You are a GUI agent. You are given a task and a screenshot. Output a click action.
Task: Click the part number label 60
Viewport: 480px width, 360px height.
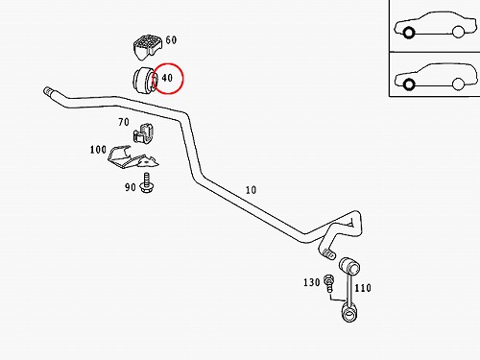[x=171, y=40]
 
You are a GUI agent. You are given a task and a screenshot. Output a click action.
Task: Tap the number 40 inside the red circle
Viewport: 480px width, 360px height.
[x=167, y=78]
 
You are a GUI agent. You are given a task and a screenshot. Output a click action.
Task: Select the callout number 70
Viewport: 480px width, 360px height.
[x=124, y=122]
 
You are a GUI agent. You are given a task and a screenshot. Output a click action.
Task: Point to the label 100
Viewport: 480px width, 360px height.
[x=98, y=150]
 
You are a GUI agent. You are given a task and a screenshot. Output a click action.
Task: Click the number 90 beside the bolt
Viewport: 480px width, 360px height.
[x=131, y=187]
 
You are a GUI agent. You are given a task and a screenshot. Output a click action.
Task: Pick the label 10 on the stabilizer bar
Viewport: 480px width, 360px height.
[x=251, y=190]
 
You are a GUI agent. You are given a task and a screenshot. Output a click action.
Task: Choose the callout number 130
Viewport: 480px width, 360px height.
[x=312, y=282]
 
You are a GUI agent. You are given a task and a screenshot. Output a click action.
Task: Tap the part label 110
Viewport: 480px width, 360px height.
[x=363, y=288]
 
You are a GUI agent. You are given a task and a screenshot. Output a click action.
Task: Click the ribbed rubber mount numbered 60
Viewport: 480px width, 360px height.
[x=147, y=47]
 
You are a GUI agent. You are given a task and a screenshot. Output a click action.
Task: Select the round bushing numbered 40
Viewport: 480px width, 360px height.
[x=144, y=80]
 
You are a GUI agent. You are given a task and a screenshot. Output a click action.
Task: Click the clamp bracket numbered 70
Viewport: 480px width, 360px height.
[x=143, y=133]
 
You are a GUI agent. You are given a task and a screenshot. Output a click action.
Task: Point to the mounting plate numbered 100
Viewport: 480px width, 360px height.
[x=132, y=157]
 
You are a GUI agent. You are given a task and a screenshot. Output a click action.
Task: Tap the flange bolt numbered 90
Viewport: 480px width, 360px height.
[x=147, y=183]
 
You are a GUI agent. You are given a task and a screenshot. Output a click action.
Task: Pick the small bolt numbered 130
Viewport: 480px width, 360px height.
[x=329, y=283]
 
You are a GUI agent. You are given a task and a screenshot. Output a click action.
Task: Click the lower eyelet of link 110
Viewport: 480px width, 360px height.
[x=349, y=314]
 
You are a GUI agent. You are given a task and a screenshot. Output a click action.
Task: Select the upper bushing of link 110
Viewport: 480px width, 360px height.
[x=349, y=266]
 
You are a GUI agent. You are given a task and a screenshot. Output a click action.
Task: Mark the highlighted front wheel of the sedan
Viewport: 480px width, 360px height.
[x=408, y=33]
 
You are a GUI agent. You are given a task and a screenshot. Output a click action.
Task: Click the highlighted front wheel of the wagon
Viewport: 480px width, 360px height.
[x=408, y=84]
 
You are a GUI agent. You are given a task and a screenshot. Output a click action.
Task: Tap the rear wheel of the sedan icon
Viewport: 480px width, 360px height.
[x=458, y=32]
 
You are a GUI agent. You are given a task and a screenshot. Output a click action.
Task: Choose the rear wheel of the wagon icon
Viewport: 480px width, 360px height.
[x=458, y=84]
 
